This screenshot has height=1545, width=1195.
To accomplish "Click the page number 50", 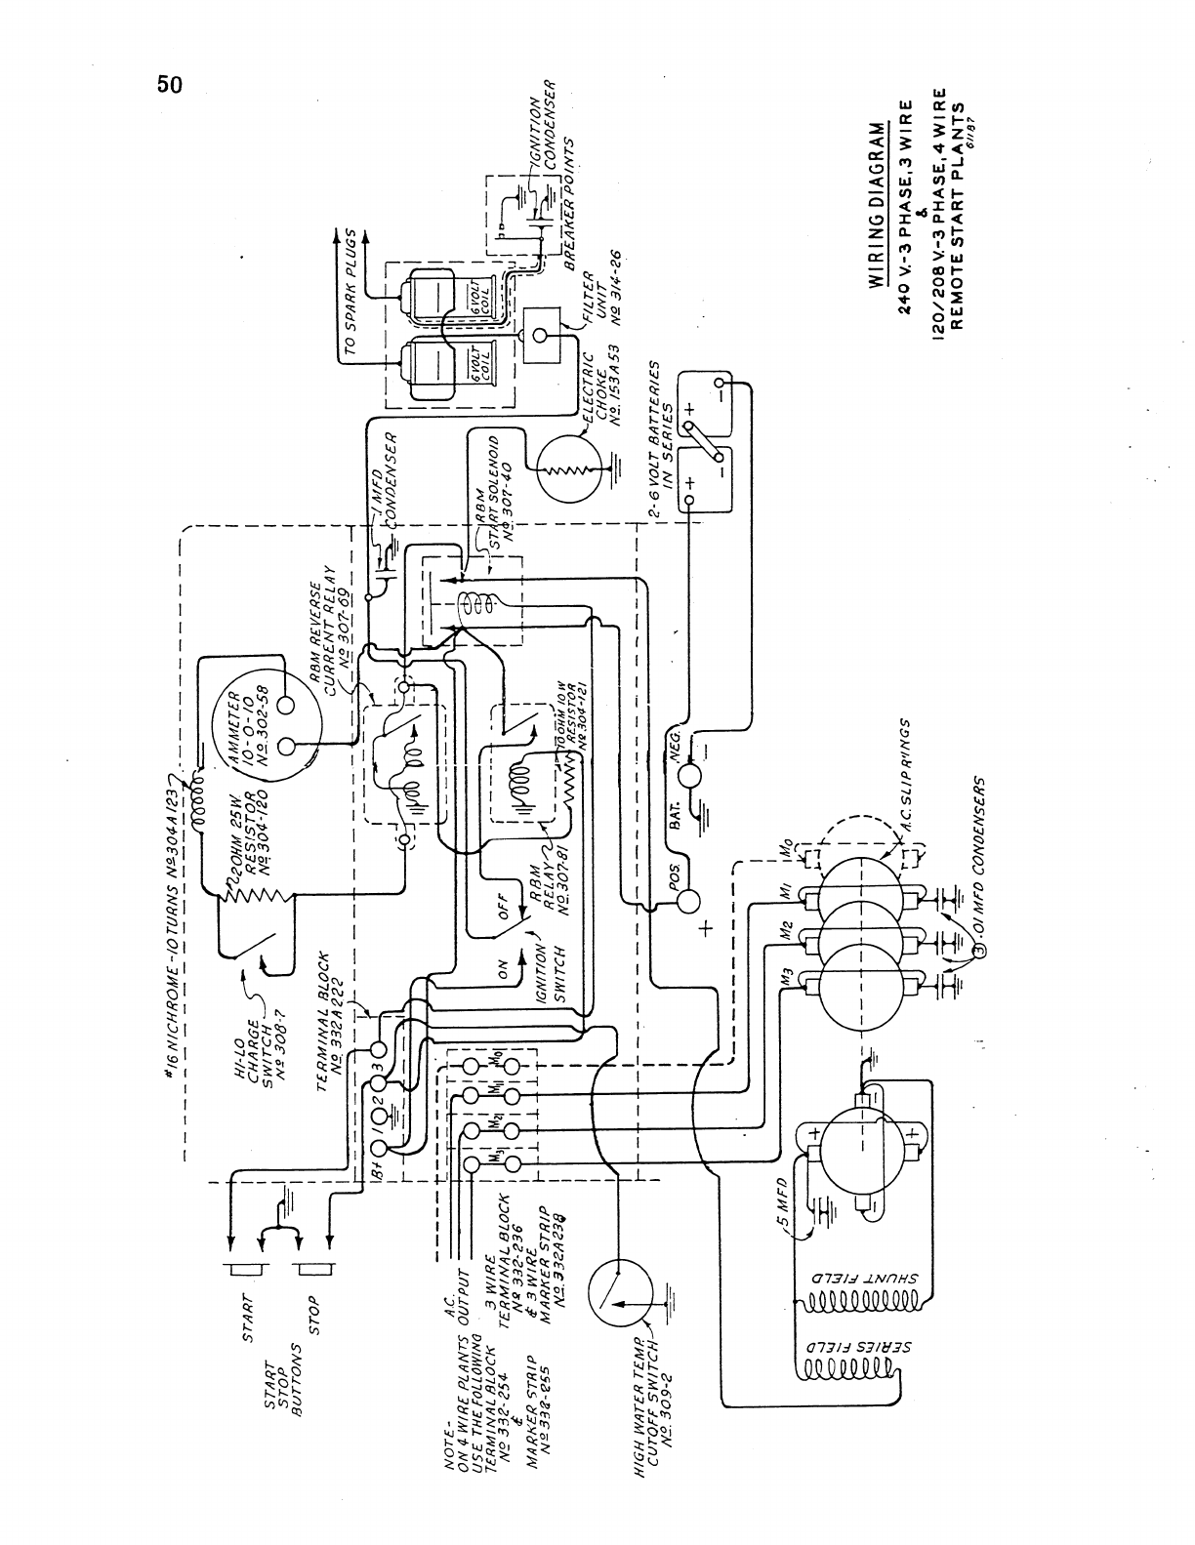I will click(169, 85).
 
